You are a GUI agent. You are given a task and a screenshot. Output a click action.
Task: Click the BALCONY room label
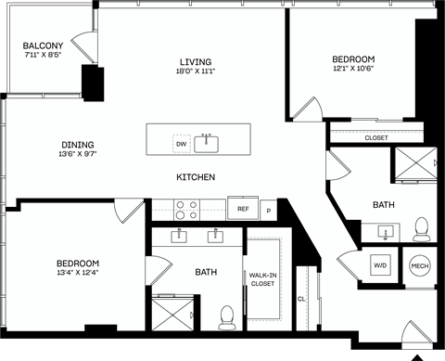pyautogui.click(x=43, y=45)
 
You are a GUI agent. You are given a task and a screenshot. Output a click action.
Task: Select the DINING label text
pyautogui.click(x=78, y=144)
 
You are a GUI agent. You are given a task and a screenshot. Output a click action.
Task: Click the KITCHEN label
pyautogui.click(x=197, y=176)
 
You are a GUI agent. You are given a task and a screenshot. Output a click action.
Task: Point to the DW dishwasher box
pyautogui.click(x=181, y=145)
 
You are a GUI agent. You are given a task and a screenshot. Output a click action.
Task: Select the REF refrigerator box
pyautogui.click(x=243, y=210)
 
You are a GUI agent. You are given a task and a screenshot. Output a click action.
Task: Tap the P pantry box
pyautogui.click(x=269, y=211)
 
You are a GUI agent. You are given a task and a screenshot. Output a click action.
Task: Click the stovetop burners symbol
pyautogui.click(x=185, y=209)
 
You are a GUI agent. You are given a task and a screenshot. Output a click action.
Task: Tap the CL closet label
pyautogui.click(x=301, y=299)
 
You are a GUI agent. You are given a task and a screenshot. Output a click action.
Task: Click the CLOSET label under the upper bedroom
pyautogui.click(x=375, y=137)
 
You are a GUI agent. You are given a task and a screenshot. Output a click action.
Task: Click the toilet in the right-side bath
pyautogui.click(x=422, y=227)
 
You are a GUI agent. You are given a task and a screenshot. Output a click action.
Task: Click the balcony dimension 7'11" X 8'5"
pyautogui.click(x=43, y=56)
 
